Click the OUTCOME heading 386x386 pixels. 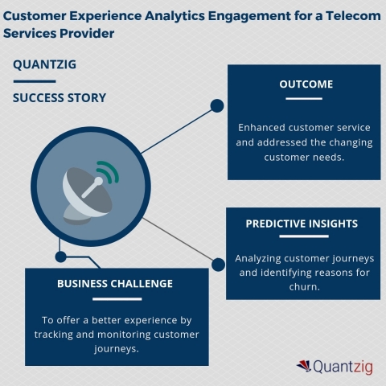(305, 84)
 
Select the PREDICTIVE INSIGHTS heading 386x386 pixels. (302, 224)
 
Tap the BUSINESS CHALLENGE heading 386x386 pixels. (115, 283)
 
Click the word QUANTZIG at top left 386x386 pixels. (41, 65)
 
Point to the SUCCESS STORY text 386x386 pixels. (59, 98)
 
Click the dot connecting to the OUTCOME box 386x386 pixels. (216, 105)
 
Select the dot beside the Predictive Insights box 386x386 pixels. (217, 264)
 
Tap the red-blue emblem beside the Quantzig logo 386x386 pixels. (306, 366)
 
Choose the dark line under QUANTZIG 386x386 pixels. (34, 80)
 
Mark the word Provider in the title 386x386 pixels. (81, 34)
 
